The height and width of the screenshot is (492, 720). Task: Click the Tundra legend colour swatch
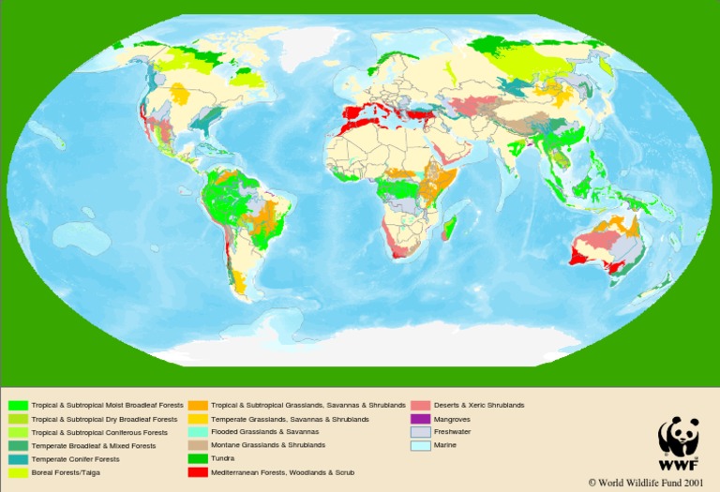point(198,459)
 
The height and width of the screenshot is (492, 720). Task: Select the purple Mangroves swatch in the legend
point(421,418)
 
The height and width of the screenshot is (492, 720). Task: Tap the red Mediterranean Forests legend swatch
point(198,473)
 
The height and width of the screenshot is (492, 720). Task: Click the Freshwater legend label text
point(452,432)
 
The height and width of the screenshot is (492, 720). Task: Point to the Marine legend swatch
point(421,445)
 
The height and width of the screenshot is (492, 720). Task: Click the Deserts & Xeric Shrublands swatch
point(421,405)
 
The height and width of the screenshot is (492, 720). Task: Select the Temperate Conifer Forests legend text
point(75,459)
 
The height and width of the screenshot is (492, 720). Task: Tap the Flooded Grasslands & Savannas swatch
point(198,432)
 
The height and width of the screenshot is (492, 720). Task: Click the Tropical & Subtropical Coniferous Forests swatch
point(18,432)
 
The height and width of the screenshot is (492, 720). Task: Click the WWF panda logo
point(678,437)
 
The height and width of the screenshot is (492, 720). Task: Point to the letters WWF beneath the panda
point(678,464)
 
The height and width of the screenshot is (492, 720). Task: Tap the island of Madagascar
point(450,226)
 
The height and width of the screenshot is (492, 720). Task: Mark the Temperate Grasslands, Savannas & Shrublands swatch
point(198,418)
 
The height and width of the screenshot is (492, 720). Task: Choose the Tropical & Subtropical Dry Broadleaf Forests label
point(104,418)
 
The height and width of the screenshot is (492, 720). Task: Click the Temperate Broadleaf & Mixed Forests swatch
point(18,445)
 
